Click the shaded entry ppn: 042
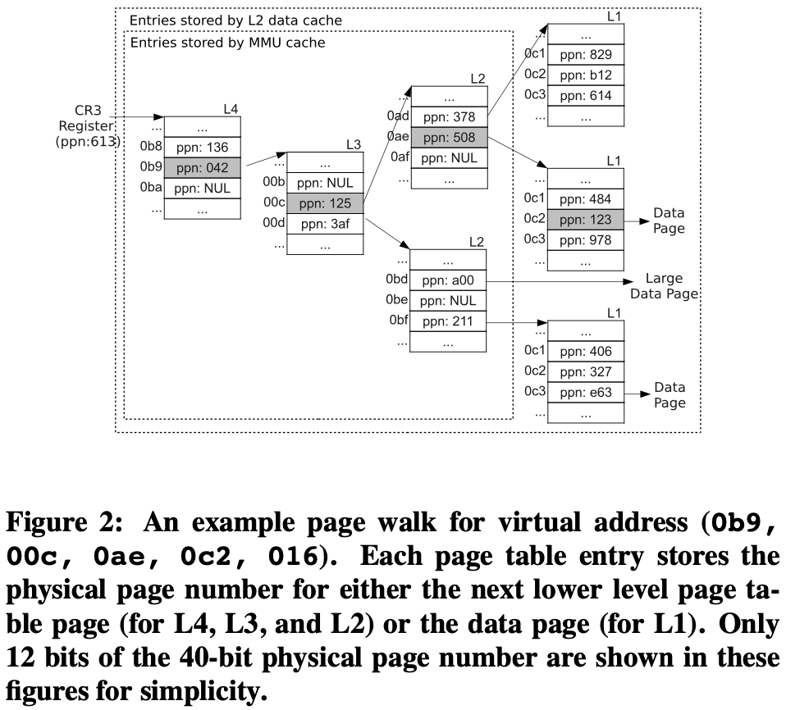click(x=203, y=168)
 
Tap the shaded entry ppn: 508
click(x=448, y=137)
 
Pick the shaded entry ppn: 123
click(x=585, y=219)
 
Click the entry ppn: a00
click(x=448, y=281)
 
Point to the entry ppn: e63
click(x=585, y=392)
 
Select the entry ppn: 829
click(x=585, y=56)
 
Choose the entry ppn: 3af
click(x=326, y=223)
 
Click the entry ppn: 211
click(x=448, y=321)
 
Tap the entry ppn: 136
click(x=203, y=148)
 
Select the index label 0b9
click(x=152, y=168)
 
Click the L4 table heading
click(x=231, y=108)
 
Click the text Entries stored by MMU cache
click(x=227, y=42)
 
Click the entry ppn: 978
click(x=585, y=239)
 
